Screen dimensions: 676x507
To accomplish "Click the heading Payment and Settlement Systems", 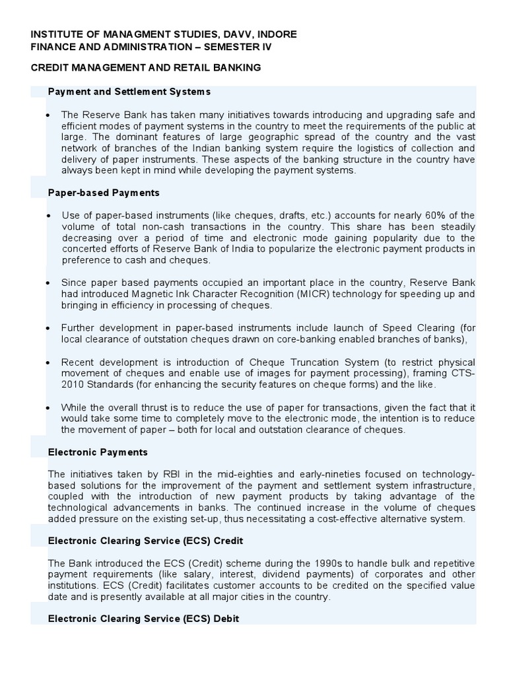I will [x=129, y=90].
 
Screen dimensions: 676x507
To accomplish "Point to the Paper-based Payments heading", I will [x=104, y=193].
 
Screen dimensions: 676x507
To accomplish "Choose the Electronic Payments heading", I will [x=98, y=452].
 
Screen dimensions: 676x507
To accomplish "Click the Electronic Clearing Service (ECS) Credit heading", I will [x=146, y=541].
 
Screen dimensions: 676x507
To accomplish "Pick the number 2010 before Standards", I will [x=74, y=385].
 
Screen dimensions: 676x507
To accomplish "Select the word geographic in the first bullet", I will [x=248, y=137].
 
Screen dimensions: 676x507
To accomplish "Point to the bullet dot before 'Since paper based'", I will [x=48, y=283].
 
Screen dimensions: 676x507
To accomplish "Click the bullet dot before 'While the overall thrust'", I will [x=48, y=407].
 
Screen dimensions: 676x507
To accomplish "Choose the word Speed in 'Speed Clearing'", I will [x=402, y=328].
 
